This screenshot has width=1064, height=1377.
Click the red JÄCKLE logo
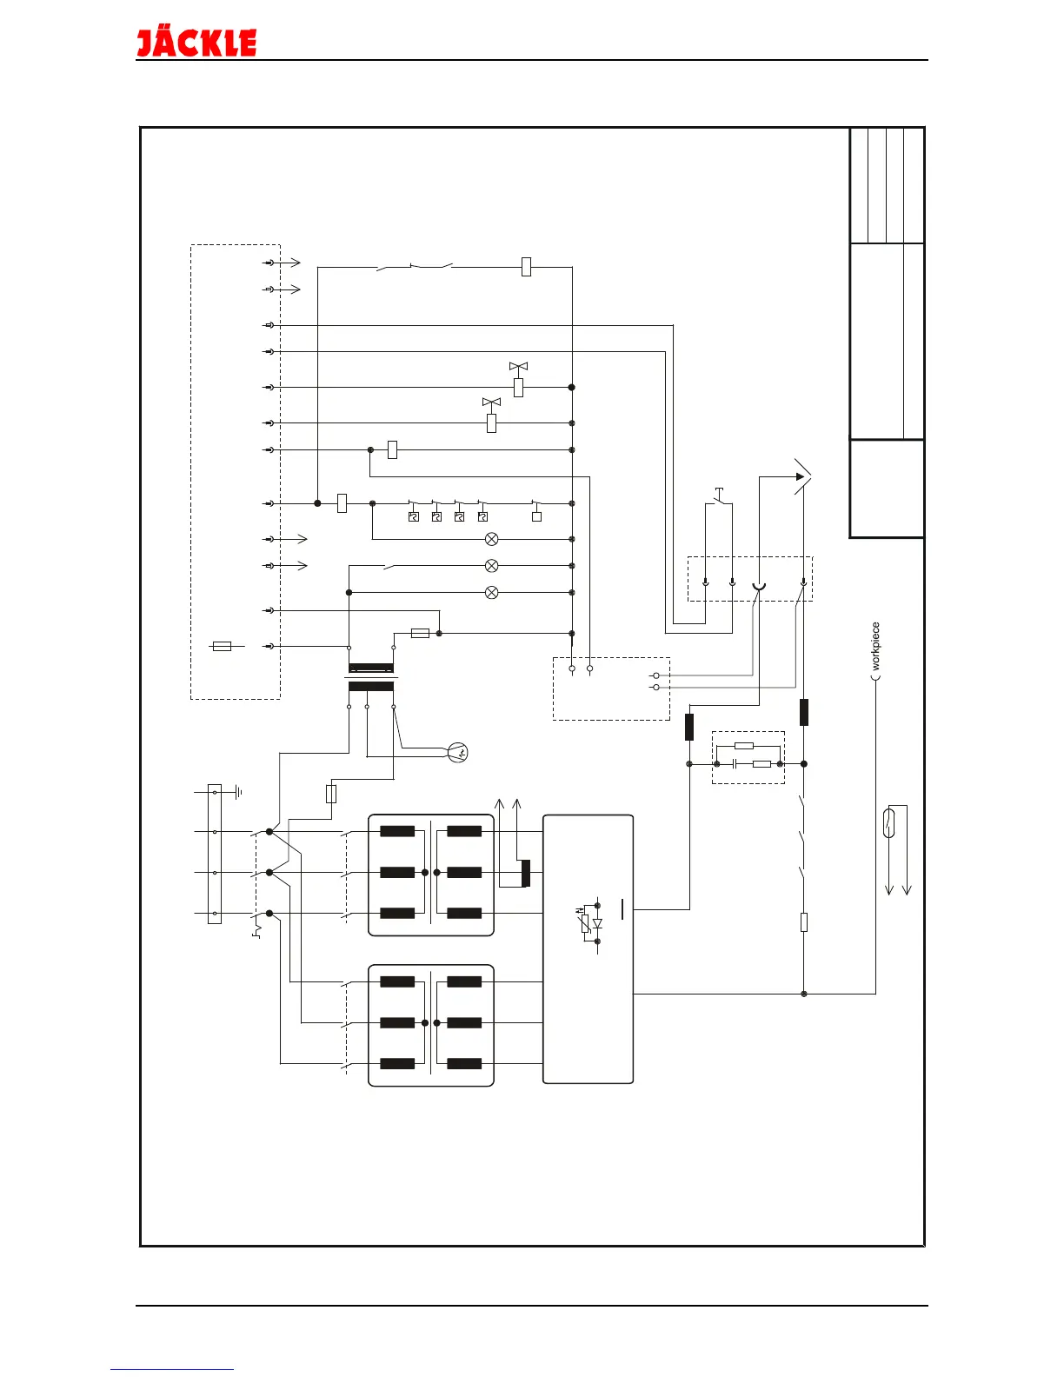click(x=196, y=43)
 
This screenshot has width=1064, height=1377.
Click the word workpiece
click(x=875, y=645)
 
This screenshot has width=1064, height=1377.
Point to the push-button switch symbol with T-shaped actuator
click(x=718, y=496)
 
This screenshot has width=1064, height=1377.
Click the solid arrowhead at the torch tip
click(x=801, y=476)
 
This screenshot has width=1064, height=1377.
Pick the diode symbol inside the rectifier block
click(x=597, y=924)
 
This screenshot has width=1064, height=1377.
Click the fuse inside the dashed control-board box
click(x=223, y=646)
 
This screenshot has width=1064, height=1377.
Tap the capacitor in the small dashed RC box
click(x=735, y=764)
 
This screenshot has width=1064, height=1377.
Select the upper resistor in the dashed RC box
click(x=744, y=745)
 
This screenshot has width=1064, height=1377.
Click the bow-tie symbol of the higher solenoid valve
click(x=518, y=367)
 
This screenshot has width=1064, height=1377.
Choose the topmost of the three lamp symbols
click(x=491, y=539)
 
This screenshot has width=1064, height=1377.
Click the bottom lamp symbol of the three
click(x=491, y=593)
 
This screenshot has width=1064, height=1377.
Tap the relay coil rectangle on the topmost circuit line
click(x=526, y=267)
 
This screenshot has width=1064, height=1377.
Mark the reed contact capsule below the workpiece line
click(x=888, y=822)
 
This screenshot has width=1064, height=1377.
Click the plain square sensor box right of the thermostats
click(x=536, y=516)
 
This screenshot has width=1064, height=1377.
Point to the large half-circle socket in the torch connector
click(x=759, y=588)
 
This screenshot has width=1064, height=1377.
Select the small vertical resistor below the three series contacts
click(x=803, y=922)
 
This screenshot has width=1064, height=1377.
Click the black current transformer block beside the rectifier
click(x=525, y=873)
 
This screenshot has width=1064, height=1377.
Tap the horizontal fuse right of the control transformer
click(x=420, y=634)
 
